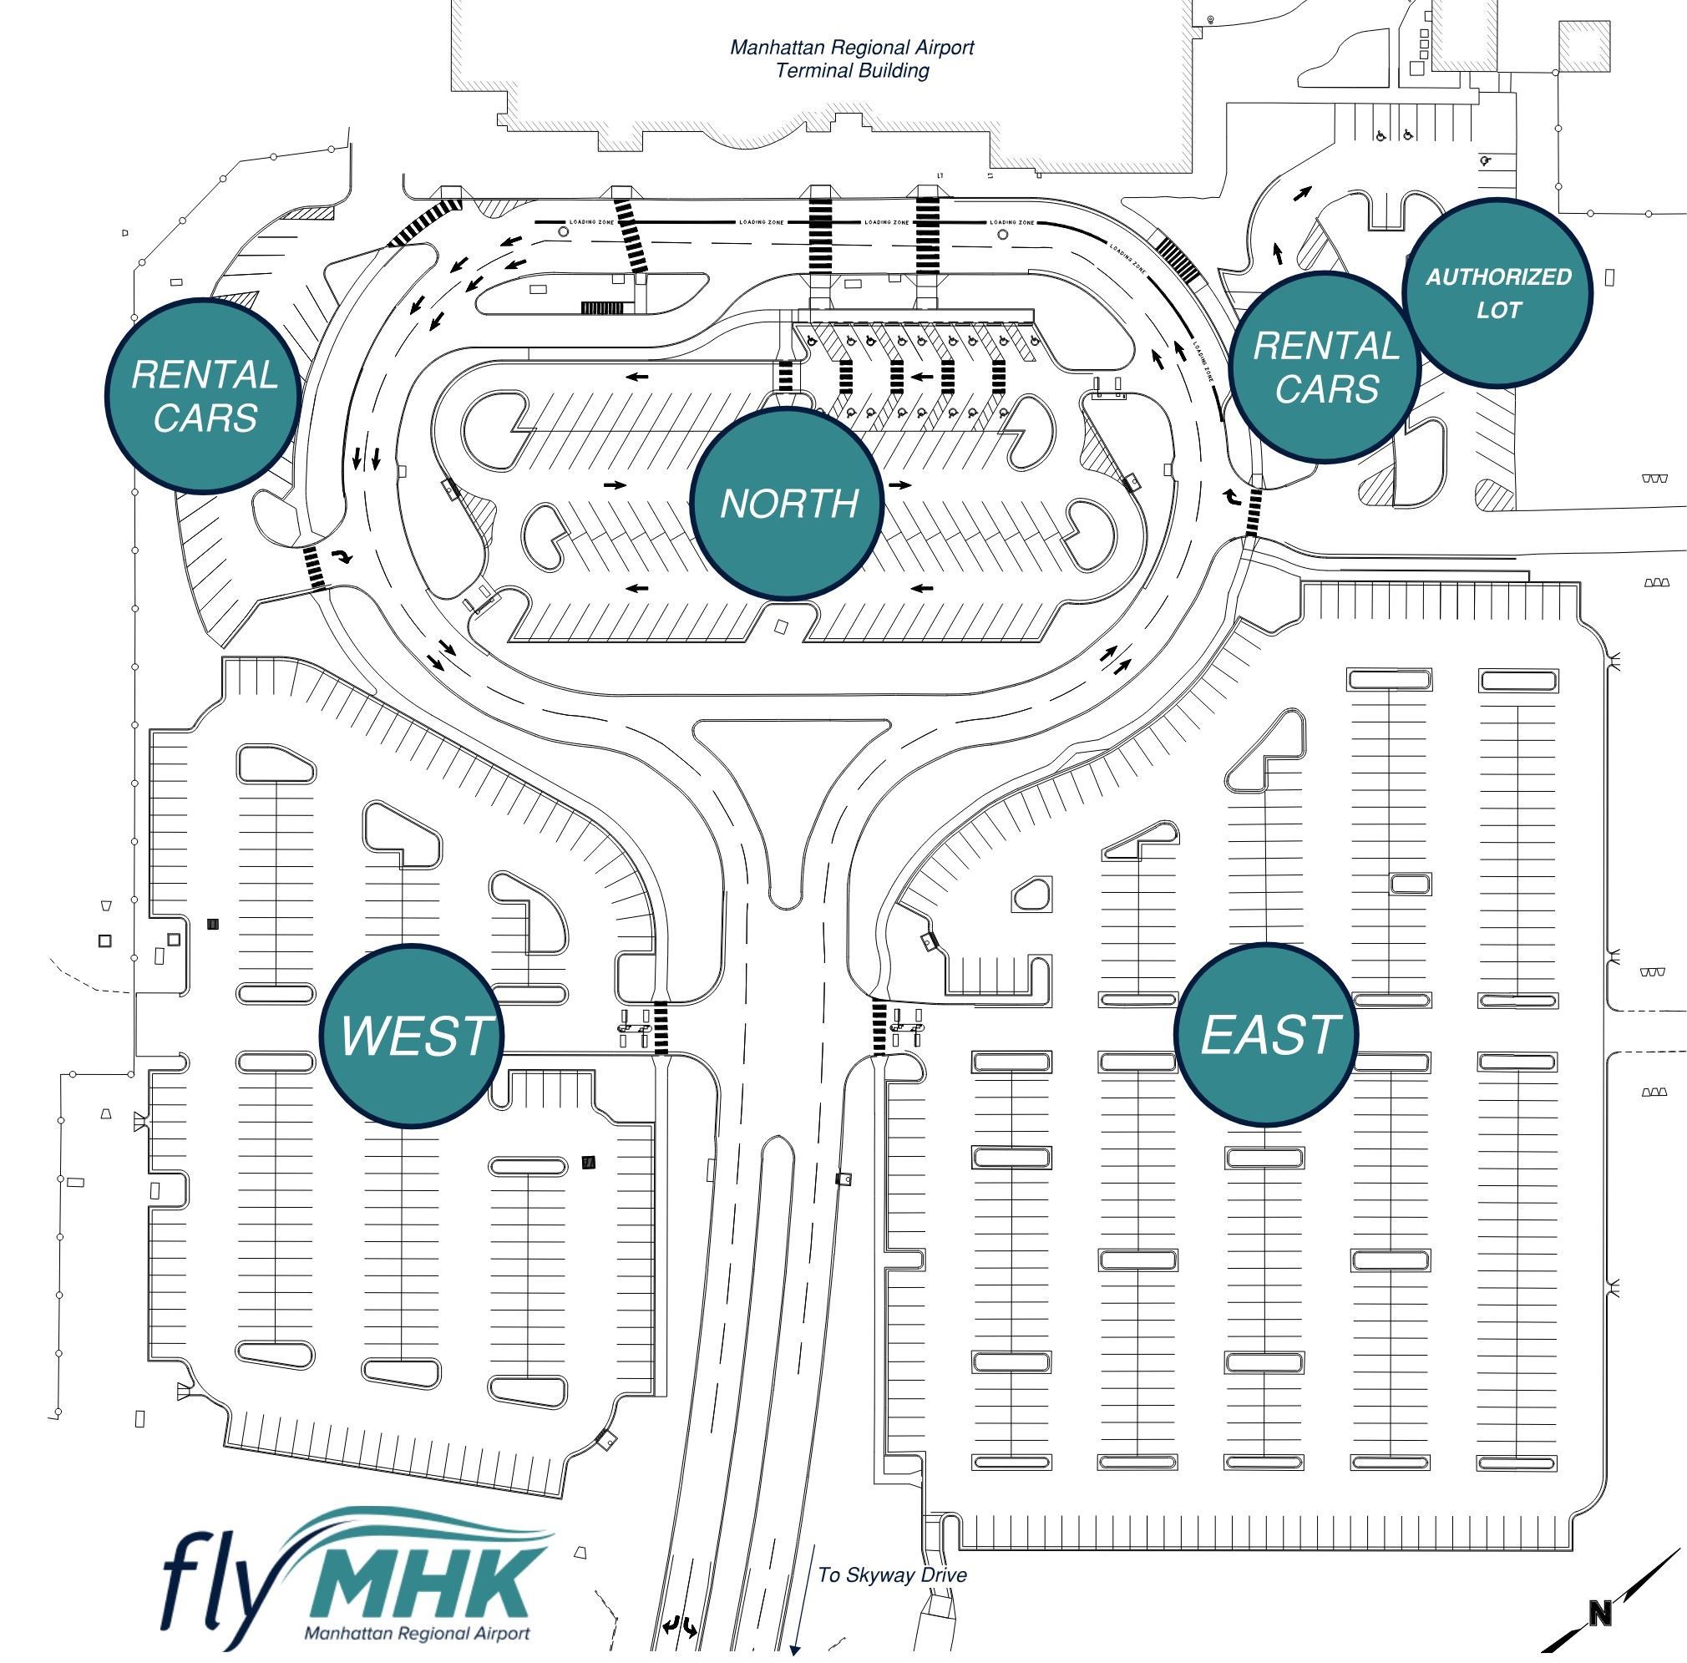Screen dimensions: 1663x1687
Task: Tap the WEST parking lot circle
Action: pyautogui.click(x=411, y=1036)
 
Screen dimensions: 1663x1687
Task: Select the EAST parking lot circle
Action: pyautogui.click(x=1266, y=1034)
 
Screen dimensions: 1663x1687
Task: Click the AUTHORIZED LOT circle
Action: pyautogui.click(x=1497, y=293)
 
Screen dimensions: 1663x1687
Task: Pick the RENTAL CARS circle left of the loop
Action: pyautogui.click(x=204, y=396)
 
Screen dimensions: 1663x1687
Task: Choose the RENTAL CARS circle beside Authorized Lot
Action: pyautogui.click(x=1325, y=368)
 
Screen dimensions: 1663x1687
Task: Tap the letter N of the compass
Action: pyautogui.click(x=1598, y=1614)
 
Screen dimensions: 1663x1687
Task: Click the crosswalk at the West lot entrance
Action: pyautogui.click(x=661, y=1028)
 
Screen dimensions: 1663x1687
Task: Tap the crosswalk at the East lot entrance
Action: pyautogui.click(x=879, y=1028)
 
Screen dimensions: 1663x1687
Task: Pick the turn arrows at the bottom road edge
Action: pyautogui.click(x=679, y=1626)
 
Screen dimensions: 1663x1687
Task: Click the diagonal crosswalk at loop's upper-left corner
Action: pyautogui.click(x=423, y=222)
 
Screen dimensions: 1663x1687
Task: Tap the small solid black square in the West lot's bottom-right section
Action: pyautogui.click(x=589, y=1163)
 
